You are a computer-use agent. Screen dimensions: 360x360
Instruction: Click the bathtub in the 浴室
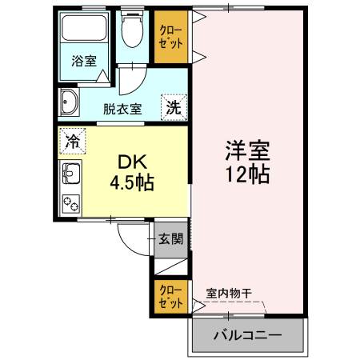click(x=84, y=28)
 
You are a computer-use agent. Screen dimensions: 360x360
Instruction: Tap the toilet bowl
click(x=132, y=32)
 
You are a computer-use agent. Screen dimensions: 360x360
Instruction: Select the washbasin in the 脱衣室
click(x=70, y=102)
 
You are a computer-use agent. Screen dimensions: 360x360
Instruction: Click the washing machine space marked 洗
click(x=174, y=107)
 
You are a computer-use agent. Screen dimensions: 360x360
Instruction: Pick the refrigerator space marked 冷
click(x=73, y=141)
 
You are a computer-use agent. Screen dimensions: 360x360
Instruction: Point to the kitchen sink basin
click(x=71, y=174)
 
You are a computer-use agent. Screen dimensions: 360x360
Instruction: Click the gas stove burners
click(x=71, y=203)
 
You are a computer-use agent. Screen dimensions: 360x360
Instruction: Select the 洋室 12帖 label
click(x=248, y=162)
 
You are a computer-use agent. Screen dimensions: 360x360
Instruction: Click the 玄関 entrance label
click(x=171, y=238)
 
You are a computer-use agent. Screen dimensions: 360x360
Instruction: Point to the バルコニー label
click(x=247, y=334)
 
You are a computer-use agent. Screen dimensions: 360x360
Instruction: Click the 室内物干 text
click(x=229, y=294)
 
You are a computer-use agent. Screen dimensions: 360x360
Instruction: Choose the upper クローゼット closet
click(x=171, y=37)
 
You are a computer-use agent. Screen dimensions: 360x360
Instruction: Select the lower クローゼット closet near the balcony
click(x=171, y=297)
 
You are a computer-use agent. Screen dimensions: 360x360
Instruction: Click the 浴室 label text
click(x=84, y=61)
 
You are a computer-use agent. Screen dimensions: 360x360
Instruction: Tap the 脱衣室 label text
click(x=122, y=109)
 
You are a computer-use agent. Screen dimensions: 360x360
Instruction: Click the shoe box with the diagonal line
click(x=171, y=266)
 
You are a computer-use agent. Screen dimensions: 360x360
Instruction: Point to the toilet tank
click(x=133, y=13)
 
